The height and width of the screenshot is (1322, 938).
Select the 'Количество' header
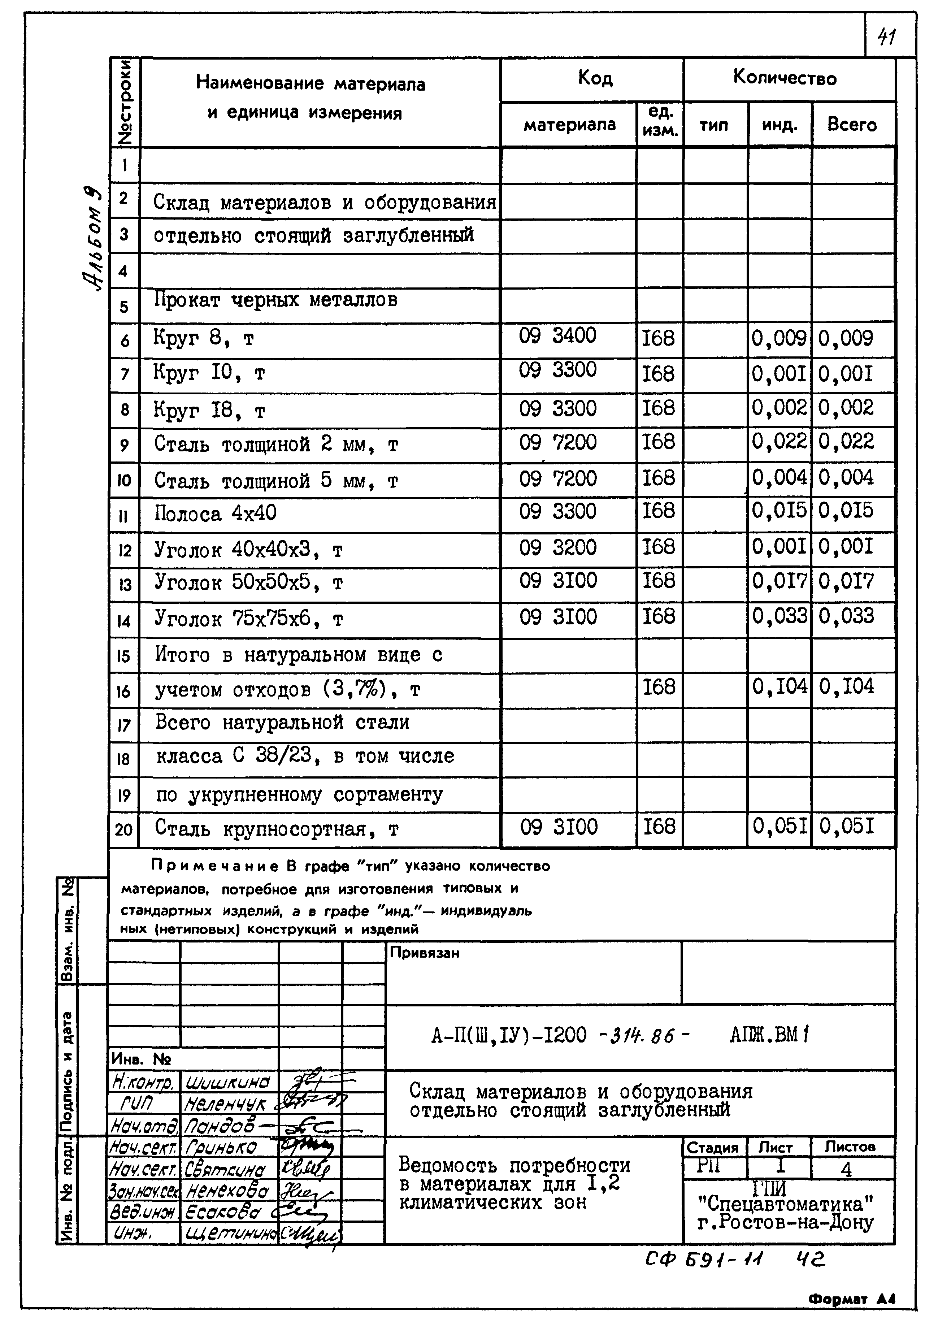(x=784, y=78)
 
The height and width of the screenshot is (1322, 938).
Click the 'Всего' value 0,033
(x=846, y=616)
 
